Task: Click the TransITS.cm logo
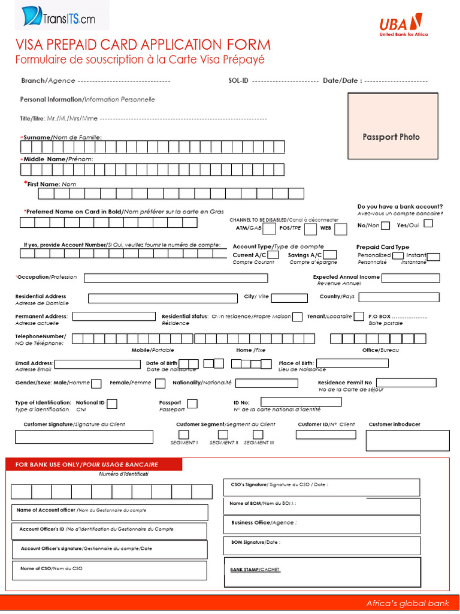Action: [x=55, y=16]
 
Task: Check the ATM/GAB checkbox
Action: [x=270, y=229]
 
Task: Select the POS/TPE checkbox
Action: [x=310, y=229]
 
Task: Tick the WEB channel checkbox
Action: [x=340, y=229]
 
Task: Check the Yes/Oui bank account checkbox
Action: [x=428, y=224]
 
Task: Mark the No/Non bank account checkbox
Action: [x=385, y=225]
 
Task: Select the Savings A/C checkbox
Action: [x=330, y=255]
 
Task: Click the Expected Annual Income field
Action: [x=410, y=278]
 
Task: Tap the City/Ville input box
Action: [x=290, y=297]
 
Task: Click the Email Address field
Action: [x=97, y=364]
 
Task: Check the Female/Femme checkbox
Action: [x=160, y=383]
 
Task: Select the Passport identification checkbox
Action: [x=192, y=404]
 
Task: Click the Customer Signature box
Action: [x=84, y=437]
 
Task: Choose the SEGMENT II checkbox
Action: [x=223, y=434]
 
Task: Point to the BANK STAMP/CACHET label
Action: [x=255, y=569]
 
